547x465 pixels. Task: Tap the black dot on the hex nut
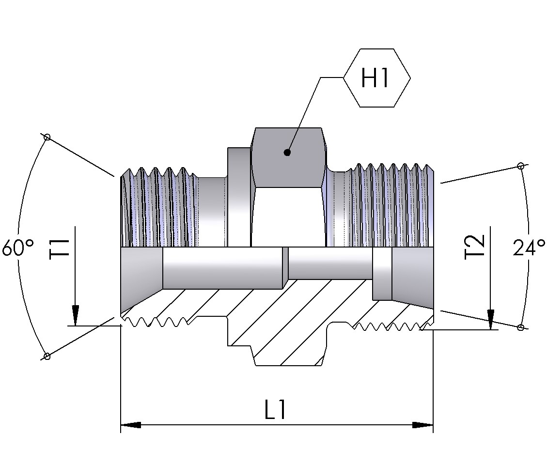coord(287,153)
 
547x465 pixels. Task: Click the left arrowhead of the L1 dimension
coord(130,425)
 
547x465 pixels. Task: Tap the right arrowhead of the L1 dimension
coord(423,425)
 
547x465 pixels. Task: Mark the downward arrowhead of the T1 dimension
coord(76,316)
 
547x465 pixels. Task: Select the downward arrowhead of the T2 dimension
coord(490,320)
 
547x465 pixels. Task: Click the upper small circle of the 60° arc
coord(47,137)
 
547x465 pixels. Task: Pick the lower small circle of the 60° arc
coord(47,356)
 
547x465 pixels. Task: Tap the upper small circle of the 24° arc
coord(520,166)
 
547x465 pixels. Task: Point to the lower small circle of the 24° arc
coord(520,327)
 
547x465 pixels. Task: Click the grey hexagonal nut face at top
coord(288,157)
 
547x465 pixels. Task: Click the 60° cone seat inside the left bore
coord(141,276)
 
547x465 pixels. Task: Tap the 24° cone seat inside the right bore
coord(412,276)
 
